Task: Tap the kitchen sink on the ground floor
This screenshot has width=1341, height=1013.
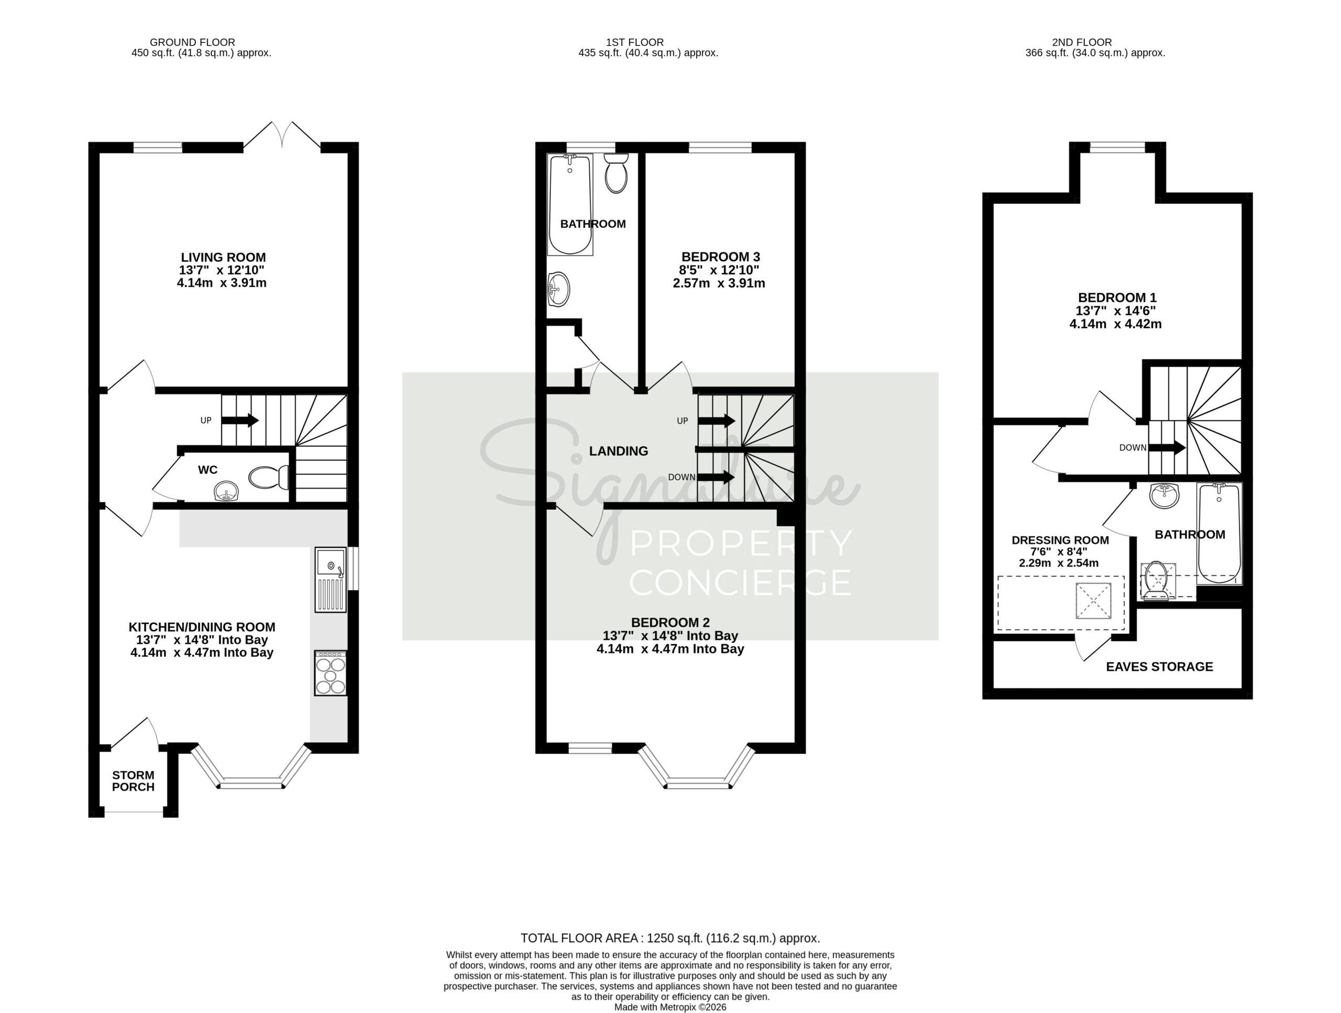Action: click(x=331, y=579)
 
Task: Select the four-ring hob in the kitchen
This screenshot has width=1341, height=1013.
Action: click(x=331, y=673)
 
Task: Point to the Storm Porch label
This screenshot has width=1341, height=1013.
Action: click(x=134, y=781)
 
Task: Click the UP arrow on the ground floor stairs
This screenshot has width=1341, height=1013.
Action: click(x=240, y=420)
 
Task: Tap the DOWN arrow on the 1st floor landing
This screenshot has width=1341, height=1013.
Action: click(x=716, y=477)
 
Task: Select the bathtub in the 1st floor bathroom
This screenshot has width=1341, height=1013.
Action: click(x=570, y=204)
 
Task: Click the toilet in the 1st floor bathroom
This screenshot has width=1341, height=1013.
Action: click(x=617, y=173)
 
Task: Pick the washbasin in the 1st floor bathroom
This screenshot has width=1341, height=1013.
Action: click(x=558, y=290)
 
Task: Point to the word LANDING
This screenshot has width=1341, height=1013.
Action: click(x=618, y=451)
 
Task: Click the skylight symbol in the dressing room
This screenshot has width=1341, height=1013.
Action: click(x=1093, y=601)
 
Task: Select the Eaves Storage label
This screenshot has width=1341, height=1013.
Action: click(x=1159, y=667)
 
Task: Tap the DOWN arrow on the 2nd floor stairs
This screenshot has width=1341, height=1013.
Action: click(x=1167, y=448)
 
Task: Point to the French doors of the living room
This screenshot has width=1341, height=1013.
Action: click(x=282, y=134)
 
